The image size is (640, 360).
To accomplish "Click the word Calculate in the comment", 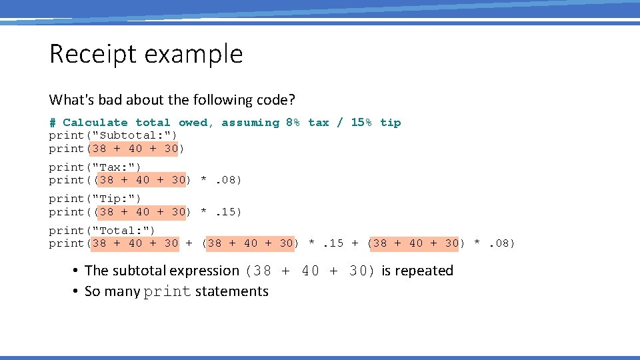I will point(95,123).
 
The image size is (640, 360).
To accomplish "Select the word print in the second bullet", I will point(167,292).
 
